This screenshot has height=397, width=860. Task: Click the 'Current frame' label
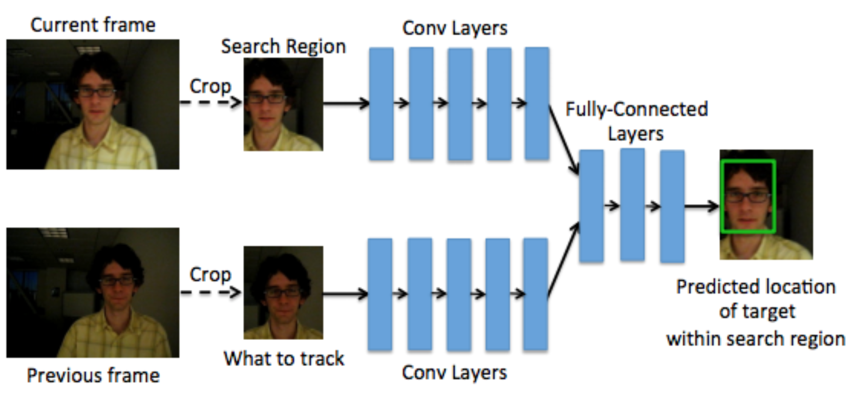coord(93,25)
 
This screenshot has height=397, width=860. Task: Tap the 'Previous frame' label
coord(93,375)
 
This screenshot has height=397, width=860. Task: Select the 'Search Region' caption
coord(283,47)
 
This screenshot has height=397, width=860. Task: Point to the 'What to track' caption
coord(284,359)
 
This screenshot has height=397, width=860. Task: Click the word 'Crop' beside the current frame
coord(210,86)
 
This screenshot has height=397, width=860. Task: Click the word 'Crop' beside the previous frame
coord(210,275)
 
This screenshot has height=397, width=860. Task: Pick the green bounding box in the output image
coord(748,161)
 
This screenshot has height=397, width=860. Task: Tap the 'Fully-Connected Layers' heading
coord(636,121)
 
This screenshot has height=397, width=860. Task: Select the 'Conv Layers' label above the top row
coord(455,28)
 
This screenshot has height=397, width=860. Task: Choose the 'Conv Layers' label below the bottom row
coord(454,373)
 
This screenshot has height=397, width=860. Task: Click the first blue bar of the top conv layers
coord(381,104)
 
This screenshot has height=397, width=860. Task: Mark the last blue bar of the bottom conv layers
coord(535,294)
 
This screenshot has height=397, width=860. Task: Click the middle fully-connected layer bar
coord(632,205)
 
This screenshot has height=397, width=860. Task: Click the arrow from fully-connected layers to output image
coord(702,206)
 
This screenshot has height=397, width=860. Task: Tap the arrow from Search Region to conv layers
coord(346,104)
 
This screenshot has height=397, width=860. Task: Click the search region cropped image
coord(283,104)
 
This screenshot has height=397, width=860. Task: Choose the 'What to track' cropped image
coord(283,293)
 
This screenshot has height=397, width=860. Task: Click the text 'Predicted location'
coord(756,287)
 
